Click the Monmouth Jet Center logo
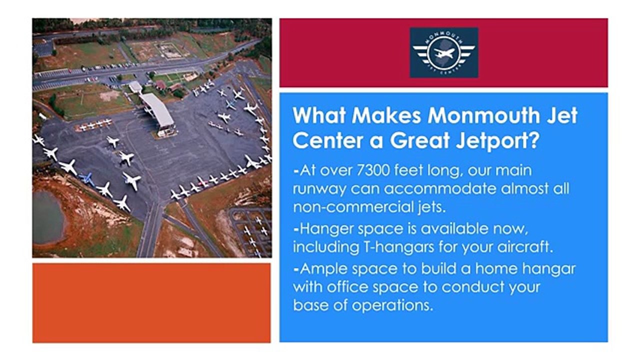(443, 52)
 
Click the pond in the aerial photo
(47, 217)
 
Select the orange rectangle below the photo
(151, 303)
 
